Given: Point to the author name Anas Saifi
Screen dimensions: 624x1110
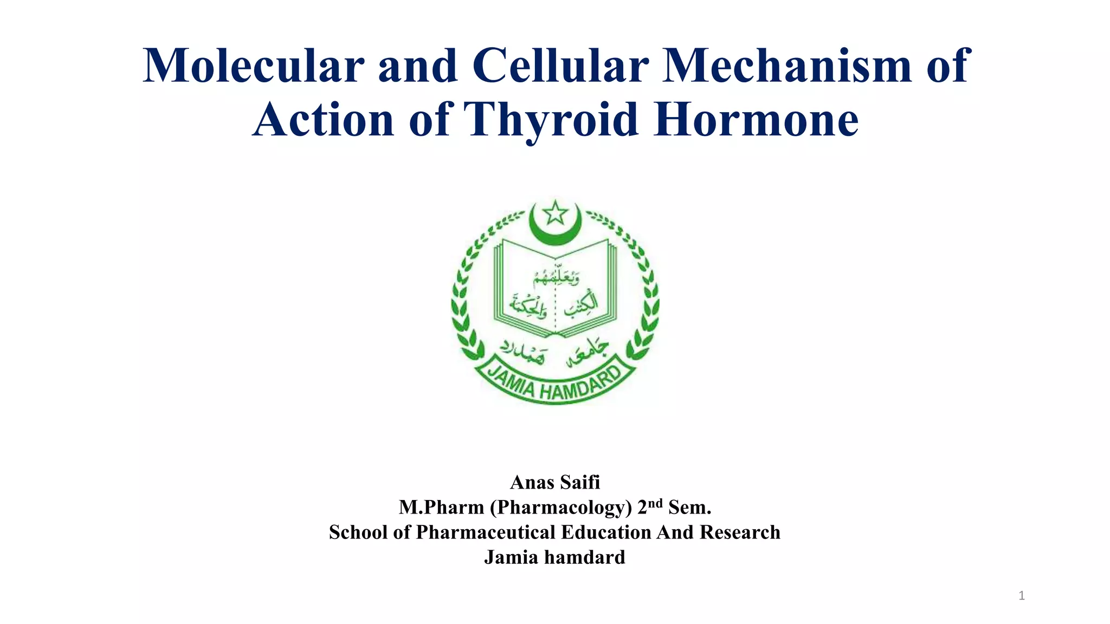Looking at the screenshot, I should tap(555, 482).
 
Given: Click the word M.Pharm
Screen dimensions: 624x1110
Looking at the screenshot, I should tap(441, 507).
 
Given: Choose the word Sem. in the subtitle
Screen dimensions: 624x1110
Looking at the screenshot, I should tap(689, 507).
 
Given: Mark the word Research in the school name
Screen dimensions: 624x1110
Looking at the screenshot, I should tap(740, 532).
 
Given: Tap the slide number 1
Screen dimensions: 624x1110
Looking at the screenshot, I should tap(1022, 596).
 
